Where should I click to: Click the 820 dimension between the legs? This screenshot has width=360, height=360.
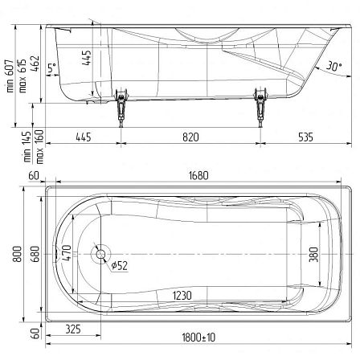190,137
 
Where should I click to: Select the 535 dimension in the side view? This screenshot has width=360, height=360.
305,137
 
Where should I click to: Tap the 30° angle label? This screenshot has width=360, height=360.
334,66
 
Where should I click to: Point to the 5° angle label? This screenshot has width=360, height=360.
52,67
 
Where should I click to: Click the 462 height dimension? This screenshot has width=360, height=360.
35,63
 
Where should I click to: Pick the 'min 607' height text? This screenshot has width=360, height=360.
10,76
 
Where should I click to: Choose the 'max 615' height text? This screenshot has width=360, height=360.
22,76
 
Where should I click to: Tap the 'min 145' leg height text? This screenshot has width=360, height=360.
27,146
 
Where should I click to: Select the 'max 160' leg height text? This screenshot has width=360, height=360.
39,146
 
